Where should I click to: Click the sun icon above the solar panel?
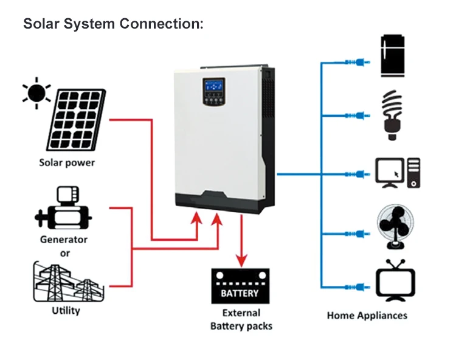coord(37,93)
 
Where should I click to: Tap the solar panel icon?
coord(75,122)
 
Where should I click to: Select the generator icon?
coord(63,210)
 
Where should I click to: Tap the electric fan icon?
coord(398,228)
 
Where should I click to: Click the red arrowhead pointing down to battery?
coord(241,260)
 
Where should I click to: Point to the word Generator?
coord(64,240)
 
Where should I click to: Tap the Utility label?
coord(66,311)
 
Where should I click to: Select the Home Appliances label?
coord(367,315)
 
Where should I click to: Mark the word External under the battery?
coord(241,313)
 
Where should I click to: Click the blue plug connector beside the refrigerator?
coord(354,61)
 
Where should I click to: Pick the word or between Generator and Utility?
coord(64,252)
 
